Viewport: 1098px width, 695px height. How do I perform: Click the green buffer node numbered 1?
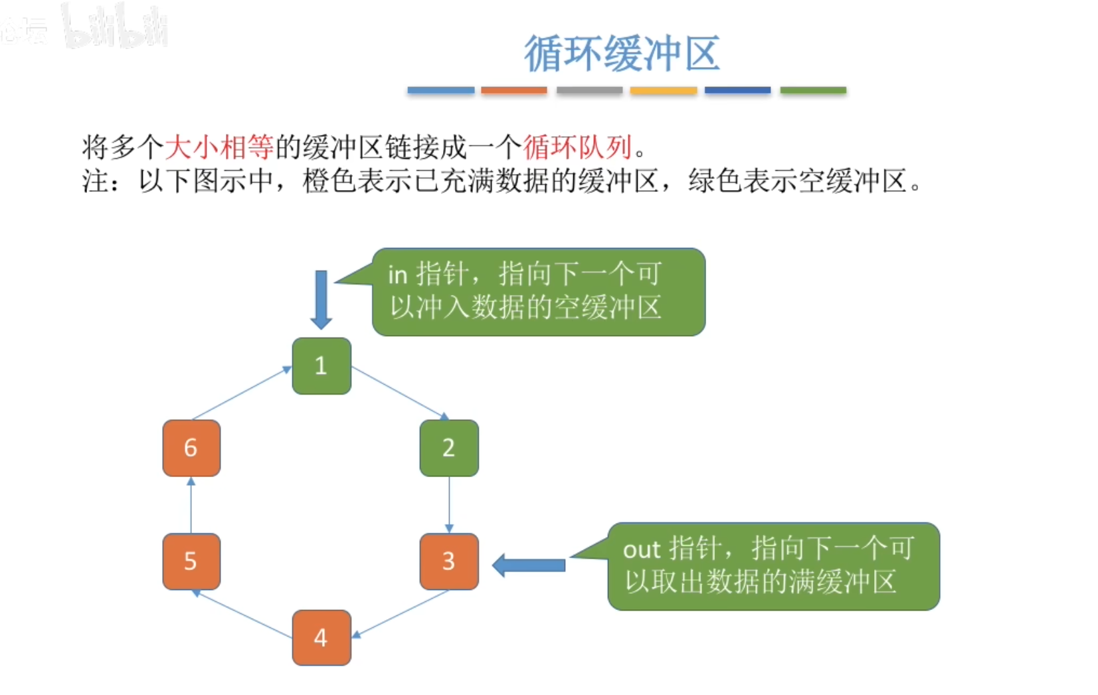[321, 366]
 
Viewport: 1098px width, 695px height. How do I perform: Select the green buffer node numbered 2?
[449, 448]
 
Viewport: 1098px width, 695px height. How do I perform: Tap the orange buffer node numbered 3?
[449, 561]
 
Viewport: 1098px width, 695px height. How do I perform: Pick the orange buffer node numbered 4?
[321, 638]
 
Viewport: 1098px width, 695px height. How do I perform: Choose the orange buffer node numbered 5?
[191, 561]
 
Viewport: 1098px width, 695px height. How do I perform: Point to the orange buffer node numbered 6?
[191, 448]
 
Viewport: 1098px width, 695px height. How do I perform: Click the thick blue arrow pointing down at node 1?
[321, 299]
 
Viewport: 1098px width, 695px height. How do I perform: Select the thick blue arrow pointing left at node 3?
[529, 565]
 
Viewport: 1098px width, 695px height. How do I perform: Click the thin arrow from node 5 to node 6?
[191, 505]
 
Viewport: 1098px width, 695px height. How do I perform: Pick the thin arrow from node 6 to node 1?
[241, 393]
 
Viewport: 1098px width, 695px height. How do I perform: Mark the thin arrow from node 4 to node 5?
[242, 614]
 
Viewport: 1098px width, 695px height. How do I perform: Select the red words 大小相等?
[219, 147]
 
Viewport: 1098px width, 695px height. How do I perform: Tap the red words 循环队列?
[577, 147]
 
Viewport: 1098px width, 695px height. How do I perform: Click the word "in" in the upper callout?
[397, 274]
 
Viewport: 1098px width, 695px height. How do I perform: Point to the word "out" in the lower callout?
[641, 550]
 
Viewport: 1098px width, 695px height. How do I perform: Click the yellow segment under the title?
[664, 90]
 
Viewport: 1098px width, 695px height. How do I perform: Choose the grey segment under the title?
[589, 90]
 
